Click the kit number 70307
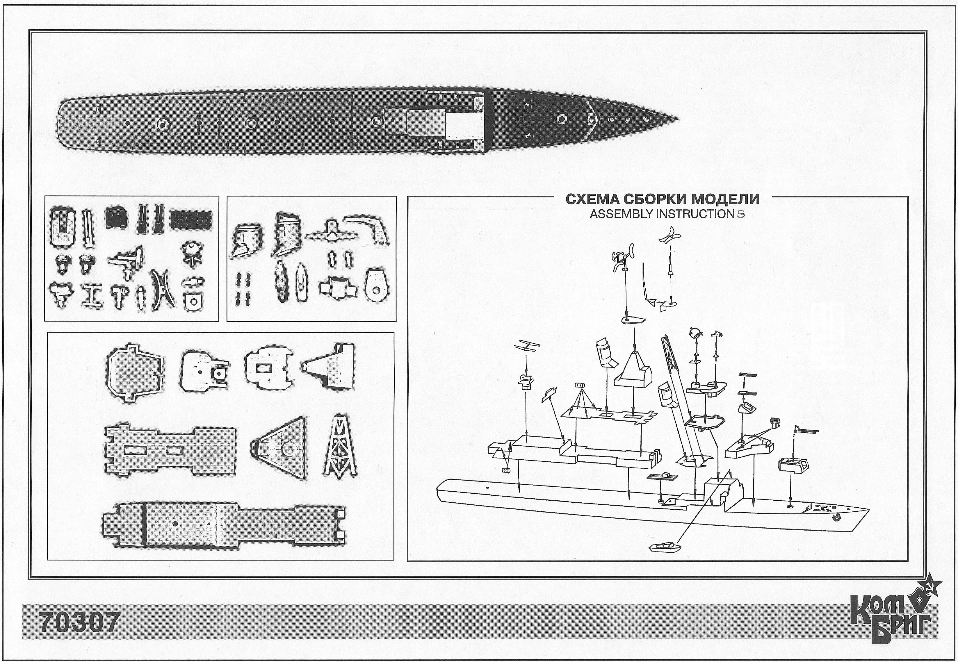pyautogui.click(x=80, y=622)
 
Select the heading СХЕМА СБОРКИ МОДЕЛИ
pyautogui.click(x=663, y=199)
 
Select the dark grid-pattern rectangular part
pyautogui.click(x=191, y=219)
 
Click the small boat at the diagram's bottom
pyautogui.click(x=665, y=547)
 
